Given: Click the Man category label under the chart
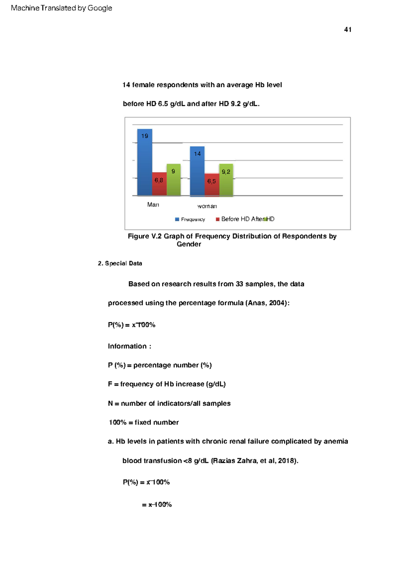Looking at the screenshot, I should (x=153, y=205).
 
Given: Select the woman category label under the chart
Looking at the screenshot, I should (x=207, y=206).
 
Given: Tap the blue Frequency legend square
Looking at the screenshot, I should (x=177, y=219).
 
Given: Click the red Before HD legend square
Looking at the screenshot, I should (x=217, y=219).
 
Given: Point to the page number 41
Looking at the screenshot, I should (x=348, y=30).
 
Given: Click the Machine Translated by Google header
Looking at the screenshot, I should (x=62, y=8).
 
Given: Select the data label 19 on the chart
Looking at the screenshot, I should (x=145, y=136).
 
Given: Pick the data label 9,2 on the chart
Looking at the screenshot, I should (x=226, y=172).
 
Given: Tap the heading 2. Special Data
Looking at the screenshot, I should (x=120, y=263).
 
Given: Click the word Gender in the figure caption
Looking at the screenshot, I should (x=189, y=244).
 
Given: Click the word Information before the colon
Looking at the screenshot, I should (x=127, y=346).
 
